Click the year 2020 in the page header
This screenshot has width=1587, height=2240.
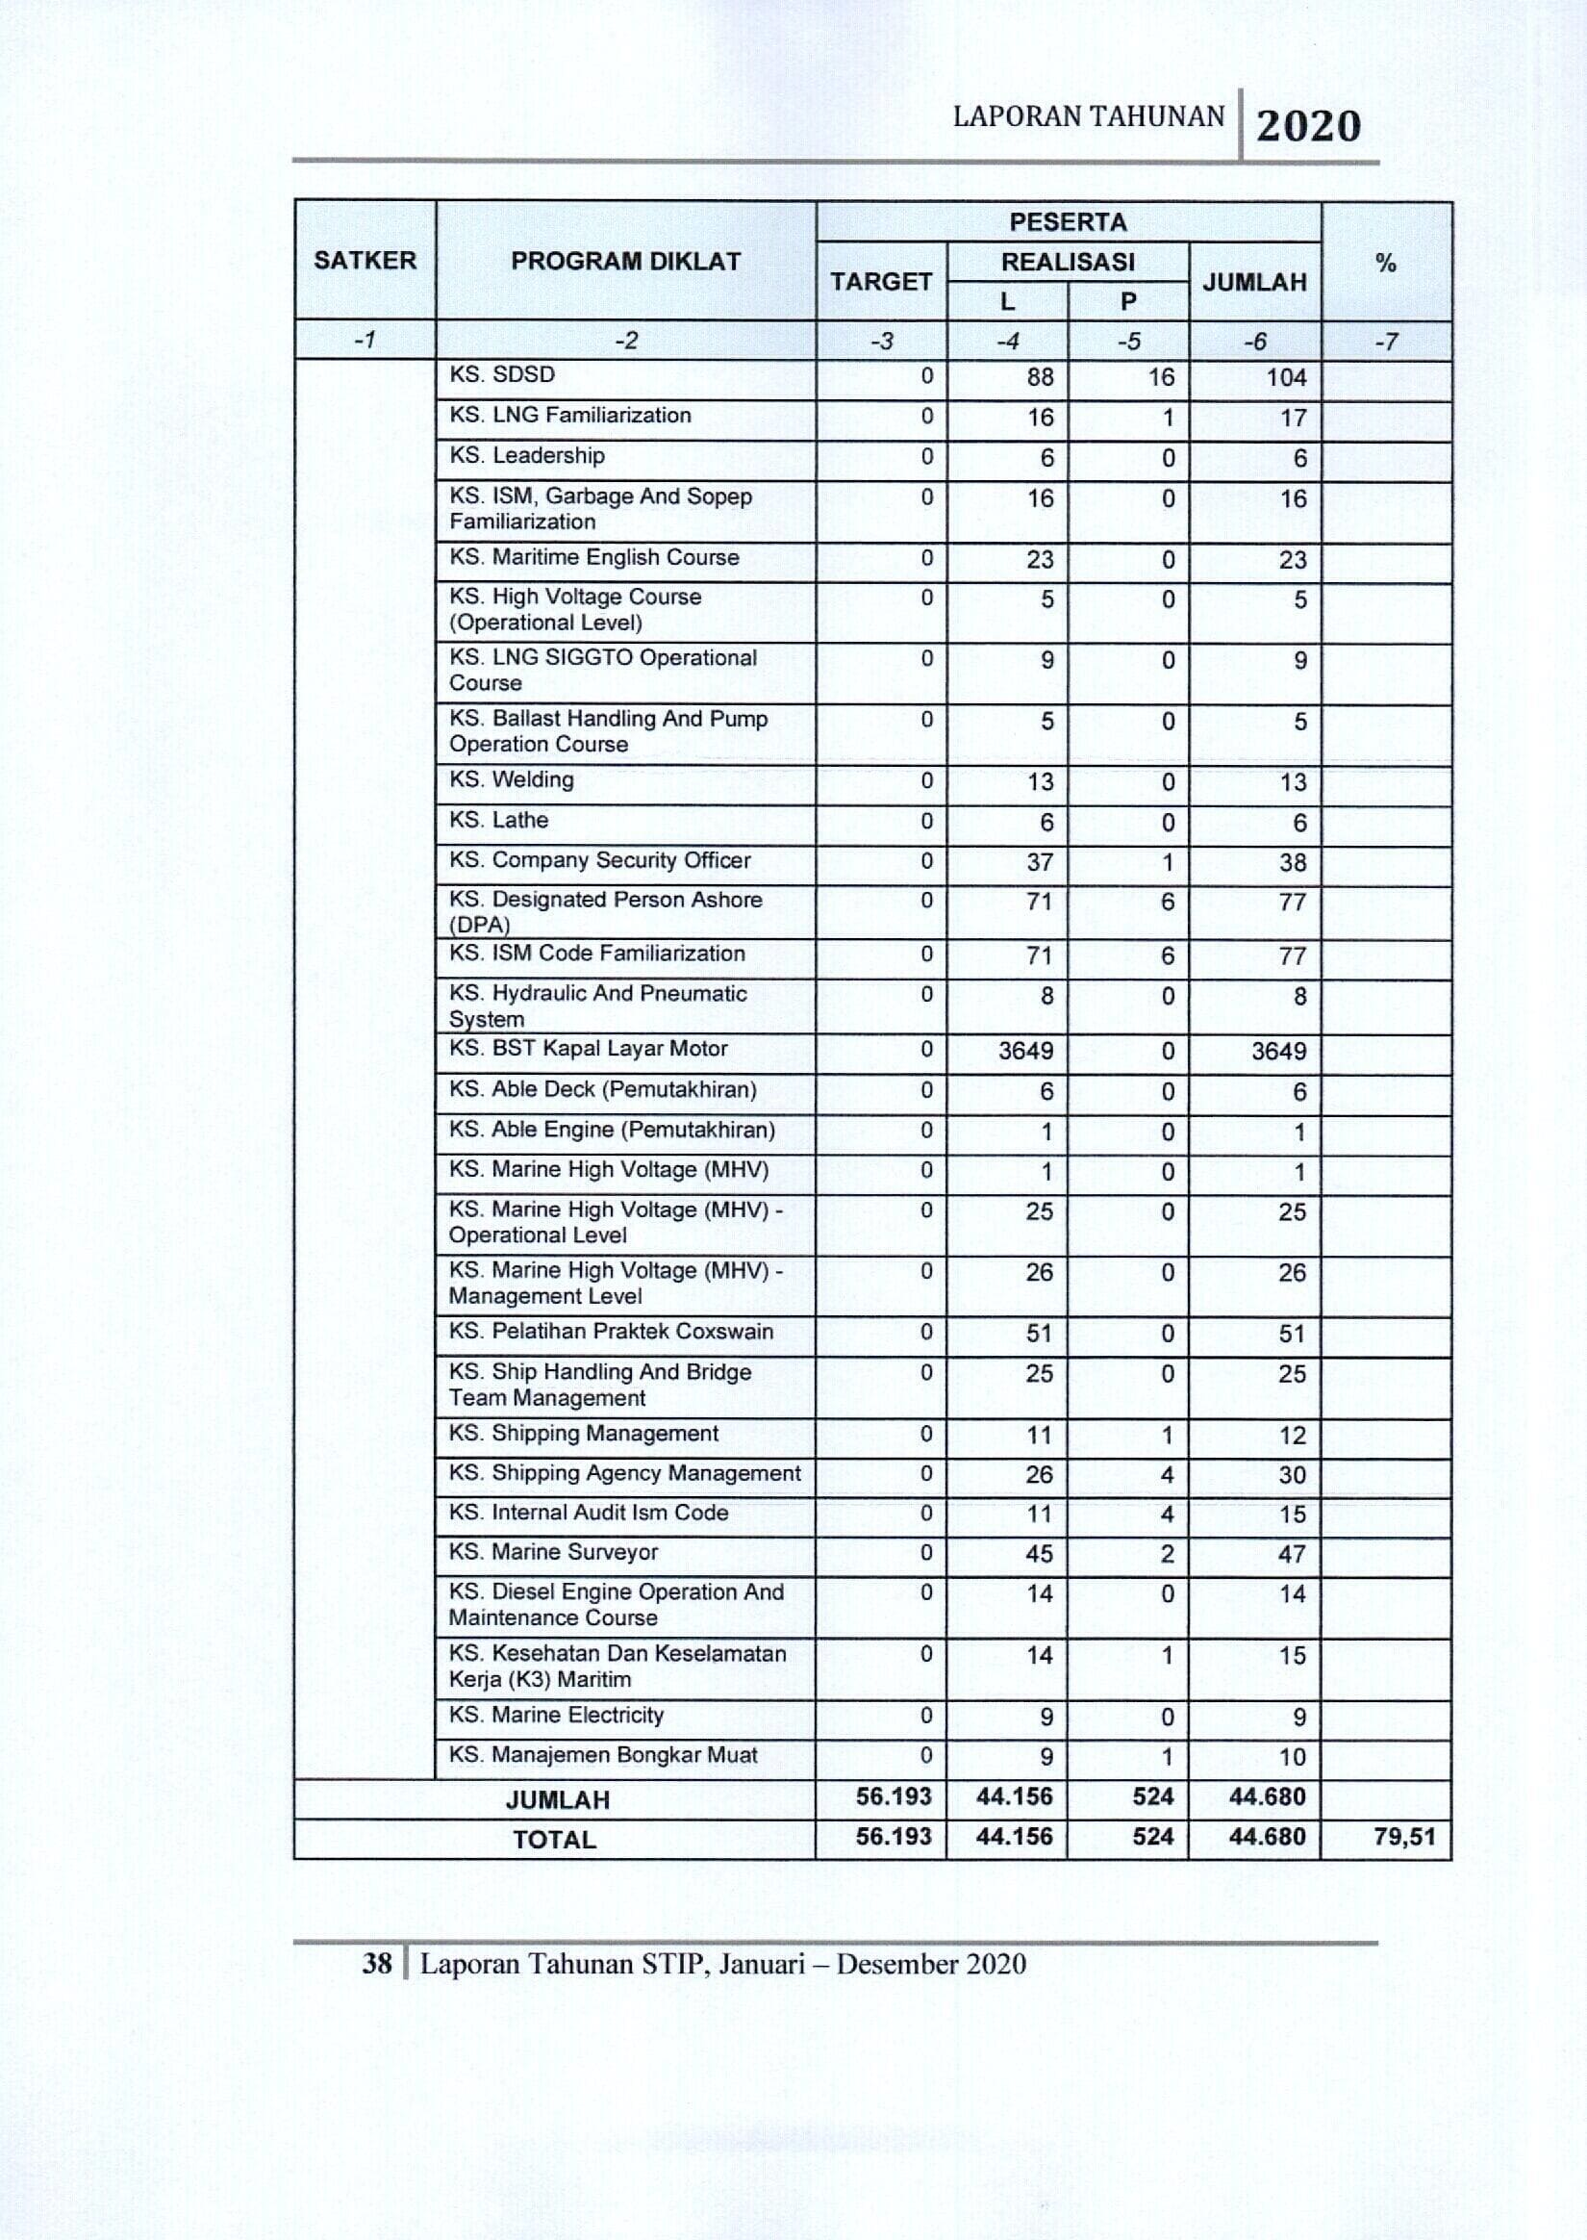click(1307, 126)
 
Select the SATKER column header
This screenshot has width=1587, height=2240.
click(365, 260)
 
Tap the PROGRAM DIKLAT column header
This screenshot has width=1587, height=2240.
click(625, 261)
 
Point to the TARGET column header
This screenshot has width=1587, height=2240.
click(880, 282)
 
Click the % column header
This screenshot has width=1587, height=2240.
click(1385, 262)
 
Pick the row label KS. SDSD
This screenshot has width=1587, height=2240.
click(501, 374)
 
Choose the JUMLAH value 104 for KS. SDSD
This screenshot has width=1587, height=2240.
click(1286, 378)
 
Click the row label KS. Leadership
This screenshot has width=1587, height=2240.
click(527, 455)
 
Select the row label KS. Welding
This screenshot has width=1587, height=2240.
click(511, 779)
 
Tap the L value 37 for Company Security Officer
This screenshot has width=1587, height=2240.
click(1040, 862)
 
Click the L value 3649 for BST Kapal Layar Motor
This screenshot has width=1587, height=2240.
click(1025, 1051)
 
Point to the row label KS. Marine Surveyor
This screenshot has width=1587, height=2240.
click(553, 1552)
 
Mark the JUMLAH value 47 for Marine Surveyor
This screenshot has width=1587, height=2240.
click(1292, 1554)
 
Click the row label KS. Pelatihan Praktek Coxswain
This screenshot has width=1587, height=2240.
click(611, 1331)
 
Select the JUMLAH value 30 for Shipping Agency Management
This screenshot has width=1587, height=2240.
click(1292, 1475)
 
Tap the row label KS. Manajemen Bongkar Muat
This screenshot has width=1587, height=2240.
click(603, 1754)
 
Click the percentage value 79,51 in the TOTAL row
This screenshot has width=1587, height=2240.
click(1404, 1837)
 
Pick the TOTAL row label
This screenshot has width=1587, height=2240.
click(554, 1840)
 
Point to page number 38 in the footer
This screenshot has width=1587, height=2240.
click(377, 1964)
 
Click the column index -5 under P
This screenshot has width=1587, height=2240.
click(1128, 341)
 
